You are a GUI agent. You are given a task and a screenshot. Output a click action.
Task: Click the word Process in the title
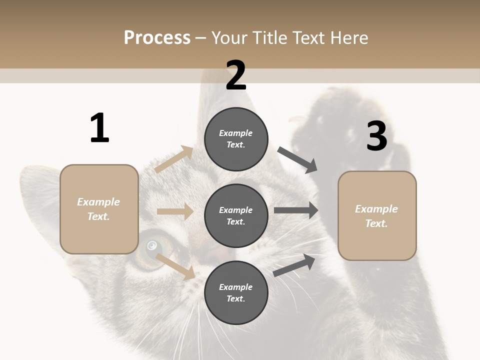[x=157, y=38]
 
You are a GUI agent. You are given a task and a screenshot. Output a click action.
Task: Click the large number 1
[x=99, y=128]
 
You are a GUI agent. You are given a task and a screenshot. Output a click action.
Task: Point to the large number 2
[x=236, y=75]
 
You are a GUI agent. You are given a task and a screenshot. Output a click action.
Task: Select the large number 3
[x=376, y=136]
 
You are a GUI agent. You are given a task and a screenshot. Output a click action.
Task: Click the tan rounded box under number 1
[x=99, y=209]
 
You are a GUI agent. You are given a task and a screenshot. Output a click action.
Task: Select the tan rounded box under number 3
[x=377, y=215]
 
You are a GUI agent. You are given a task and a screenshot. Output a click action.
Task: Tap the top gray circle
[x=236, y=139]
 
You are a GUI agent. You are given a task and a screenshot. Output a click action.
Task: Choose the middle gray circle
[x=236, y=215]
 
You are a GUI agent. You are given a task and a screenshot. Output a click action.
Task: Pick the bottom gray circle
[x=236, y=292]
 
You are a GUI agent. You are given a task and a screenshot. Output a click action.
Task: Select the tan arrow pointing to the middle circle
[x=174, y=211]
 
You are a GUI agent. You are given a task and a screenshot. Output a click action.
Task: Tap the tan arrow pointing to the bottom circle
[x=175, y=266]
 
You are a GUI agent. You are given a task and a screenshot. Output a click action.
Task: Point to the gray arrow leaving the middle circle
[x=296, y=210]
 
